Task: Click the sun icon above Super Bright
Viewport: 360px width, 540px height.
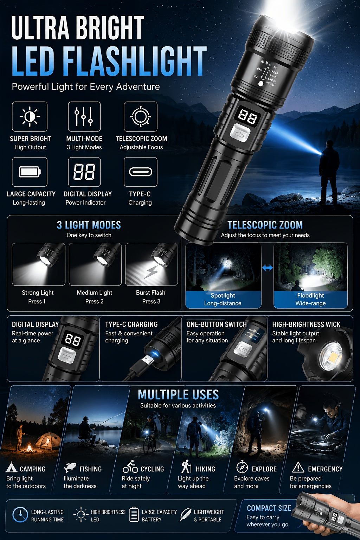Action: pyautogui.click(x=30, y=116)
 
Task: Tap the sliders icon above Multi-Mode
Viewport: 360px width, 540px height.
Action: pyautogui.click(x=84, y=116)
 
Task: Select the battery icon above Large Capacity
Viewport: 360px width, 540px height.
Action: pyautogui.click(x=30, y=172)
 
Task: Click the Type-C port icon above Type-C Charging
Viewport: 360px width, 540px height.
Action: pyautogui.click(x=141, y=172)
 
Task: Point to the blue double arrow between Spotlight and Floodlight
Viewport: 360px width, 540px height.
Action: pyautogui.click(x=268, y=268)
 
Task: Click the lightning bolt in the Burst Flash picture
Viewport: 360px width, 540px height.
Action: pyautogui.click(x=151, y=272)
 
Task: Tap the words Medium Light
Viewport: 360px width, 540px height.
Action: pyautogui.click(x=95, y=292)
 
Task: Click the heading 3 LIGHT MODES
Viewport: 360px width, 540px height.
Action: pyautogui.click(x=89, y=225)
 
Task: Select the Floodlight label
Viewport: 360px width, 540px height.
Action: pyautogui.click(x=310, y=296)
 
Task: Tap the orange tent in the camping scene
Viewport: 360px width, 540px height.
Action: pyautogui.click(x=47, y=441)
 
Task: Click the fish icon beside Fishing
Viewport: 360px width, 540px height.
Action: pyautogui.click(x=70, y=468)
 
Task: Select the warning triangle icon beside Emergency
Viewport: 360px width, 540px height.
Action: pyautogui.click(x=298, y=467)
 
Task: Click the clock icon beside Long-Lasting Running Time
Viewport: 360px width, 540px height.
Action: pyautogui.click(x=20, y=515)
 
